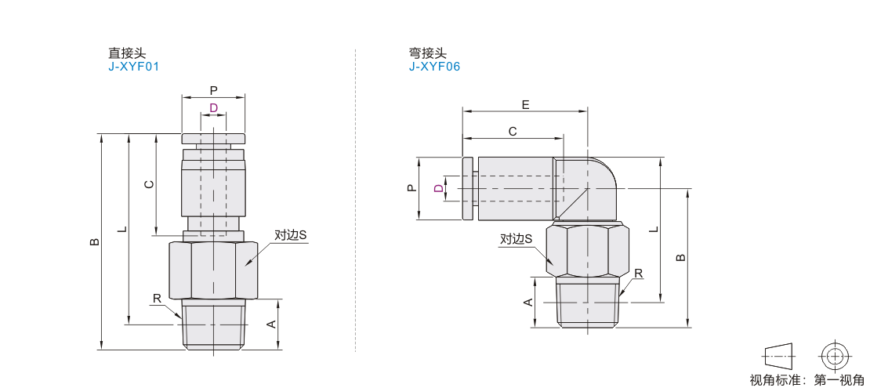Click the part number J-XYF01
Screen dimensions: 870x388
click(x=134, y=67)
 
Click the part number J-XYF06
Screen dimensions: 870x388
click(x=434, y=67)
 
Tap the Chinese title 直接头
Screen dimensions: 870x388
click(x=126, y=53)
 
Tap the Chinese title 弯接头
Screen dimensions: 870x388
click(x=428, y=53)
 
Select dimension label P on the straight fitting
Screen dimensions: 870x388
click(x=214, y=90)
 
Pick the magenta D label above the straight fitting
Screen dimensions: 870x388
click(x=214, y=107)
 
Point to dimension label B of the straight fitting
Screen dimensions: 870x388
click(x=95, y=242)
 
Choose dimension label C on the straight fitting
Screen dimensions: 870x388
click(x=149, y=185)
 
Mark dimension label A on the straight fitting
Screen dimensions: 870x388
click(x=271, y=325)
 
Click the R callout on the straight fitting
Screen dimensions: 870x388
click(x=157, y=299)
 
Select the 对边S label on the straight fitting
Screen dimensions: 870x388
click(x=291, y=235)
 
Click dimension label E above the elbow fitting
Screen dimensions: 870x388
click(x=525, y=104)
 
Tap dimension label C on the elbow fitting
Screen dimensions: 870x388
click(x=513, y=131)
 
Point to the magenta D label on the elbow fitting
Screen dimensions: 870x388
click(x=439, y=189)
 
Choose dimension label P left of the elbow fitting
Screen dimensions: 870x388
click(x=411, y=189)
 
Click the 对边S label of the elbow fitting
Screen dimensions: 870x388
click(x=516, y=239)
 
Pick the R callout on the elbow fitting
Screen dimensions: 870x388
click(x=639, y=274)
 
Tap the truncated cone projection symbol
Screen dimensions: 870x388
click(x=778, y=355)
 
